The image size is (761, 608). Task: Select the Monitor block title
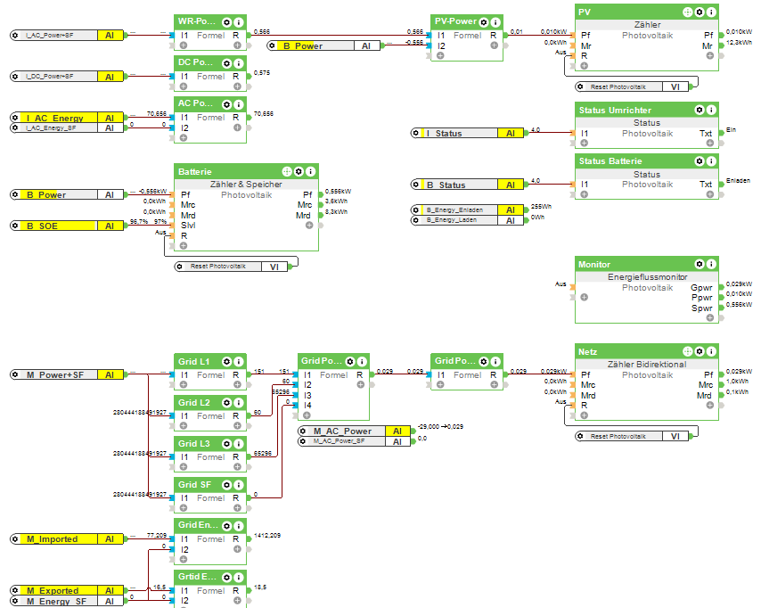(x=594, y=265)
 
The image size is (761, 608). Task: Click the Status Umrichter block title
(x=615, y=111)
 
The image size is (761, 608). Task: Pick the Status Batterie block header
(x=610, y=161)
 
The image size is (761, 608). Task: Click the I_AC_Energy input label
(x=55, y=118)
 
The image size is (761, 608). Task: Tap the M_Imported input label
(x=52, y=538)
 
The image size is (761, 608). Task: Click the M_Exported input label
(x=53, y=590)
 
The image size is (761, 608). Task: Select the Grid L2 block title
(x=193, y=403)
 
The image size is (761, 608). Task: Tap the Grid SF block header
(x=193, y=484)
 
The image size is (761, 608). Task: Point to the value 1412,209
(x=267, y=536)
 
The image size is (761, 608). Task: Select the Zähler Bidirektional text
(x=646, y=365)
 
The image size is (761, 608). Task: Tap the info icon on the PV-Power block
(x=495, y=21)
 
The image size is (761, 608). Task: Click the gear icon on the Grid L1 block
(x=227, y=361)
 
